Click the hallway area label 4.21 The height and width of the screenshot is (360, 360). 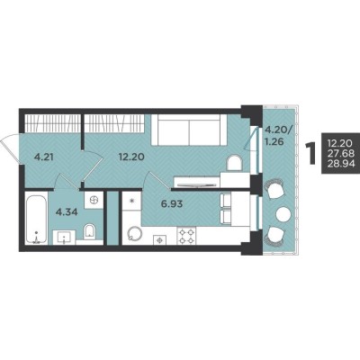[x=43, y=157]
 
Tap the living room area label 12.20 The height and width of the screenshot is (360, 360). [x=131, y=157]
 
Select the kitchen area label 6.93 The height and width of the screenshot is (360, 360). [x=172, y=204]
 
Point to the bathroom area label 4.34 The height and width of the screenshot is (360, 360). [x=67, y=212]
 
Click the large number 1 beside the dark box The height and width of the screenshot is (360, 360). [x=311, y=154]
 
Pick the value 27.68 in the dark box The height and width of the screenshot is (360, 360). [x=341, y=153]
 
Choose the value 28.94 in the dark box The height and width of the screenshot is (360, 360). [x=341, y=164]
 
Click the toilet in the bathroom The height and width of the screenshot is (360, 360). [x=89, y=231]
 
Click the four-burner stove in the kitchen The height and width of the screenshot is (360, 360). [x=186, y=236]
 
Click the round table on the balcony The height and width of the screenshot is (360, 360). [x=283, y=214]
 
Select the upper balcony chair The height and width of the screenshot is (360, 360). [x=274, y=189]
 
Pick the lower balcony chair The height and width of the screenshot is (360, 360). [x=274, y=235]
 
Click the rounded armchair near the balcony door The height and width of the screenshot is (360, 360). [x=234, y=164]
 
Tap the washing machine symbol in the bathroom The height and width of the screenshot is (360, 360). [x=94, y=200]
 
